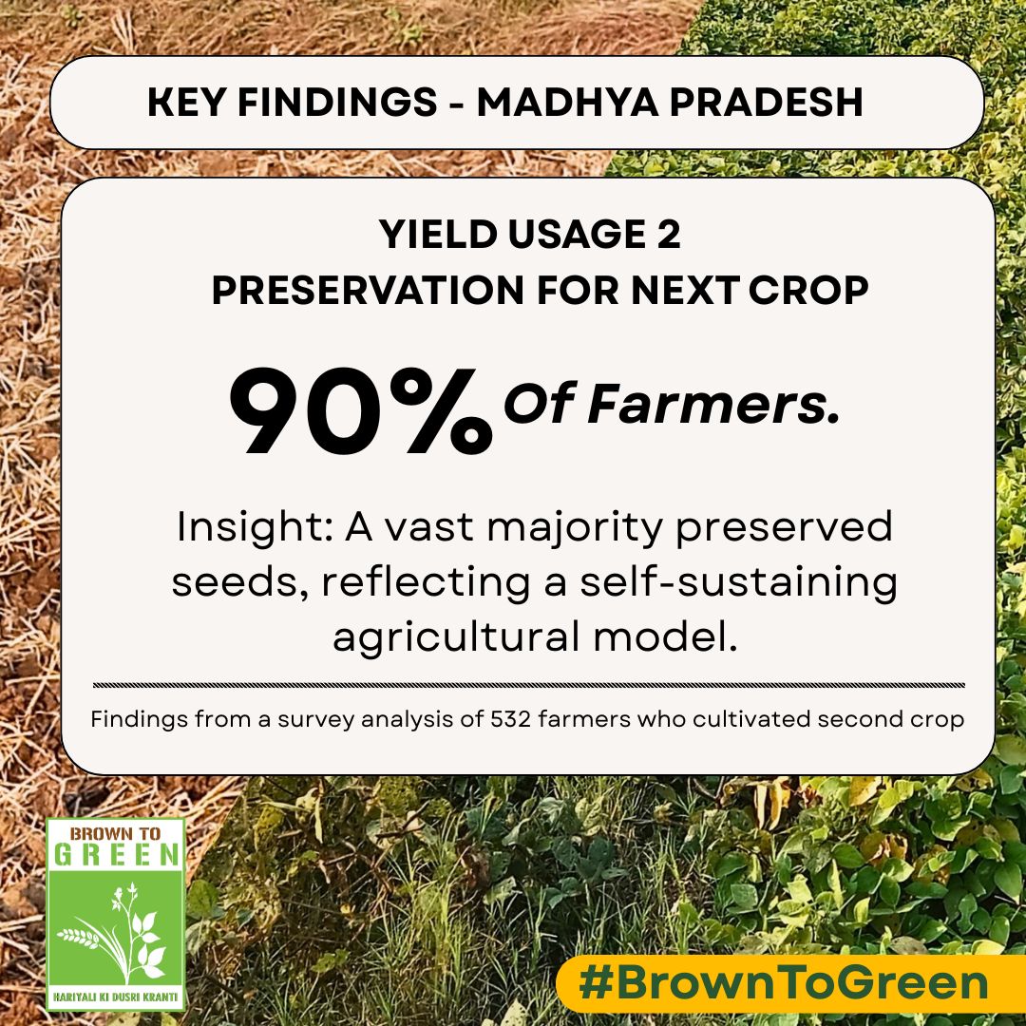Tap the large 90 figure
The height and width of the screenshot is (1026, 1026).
(302, 408)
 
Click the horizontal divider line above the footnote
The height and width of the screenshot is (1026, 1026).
(529, 684)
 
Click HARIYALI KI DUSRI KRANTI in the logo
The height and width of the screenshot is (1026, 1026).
(116, 997)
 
